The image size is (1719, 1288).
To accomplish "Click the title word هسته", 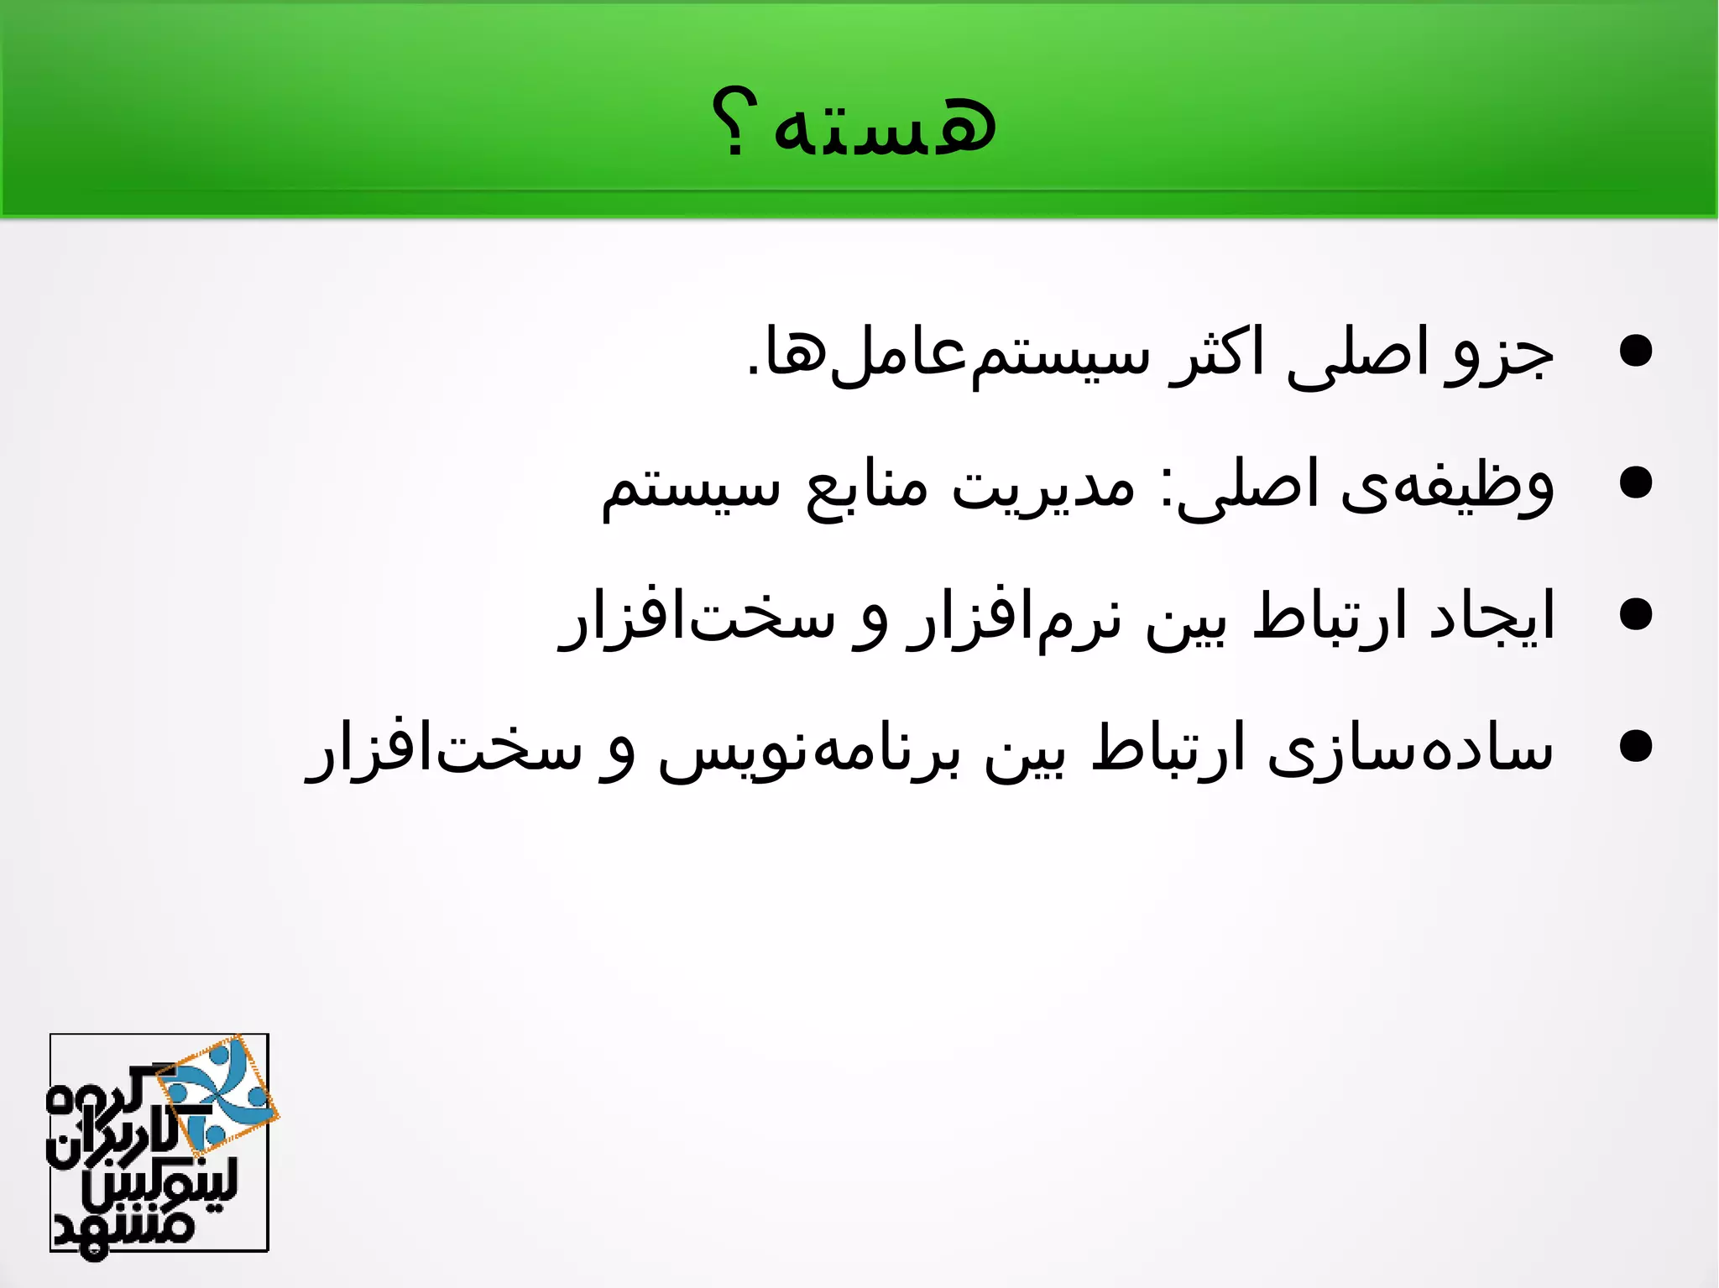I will coord(886,126).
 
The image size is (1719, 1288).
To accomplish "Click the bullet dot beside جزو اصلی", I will coord(1635,352).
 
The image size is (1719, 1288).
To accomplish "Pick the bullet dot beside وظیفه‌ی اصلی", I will coord(1635,483).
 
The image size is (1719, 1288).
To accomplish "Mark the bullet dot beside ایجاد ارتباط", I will coord(1635,614).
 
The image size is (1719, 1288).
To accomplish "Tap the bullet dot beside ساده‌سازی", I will coord(1635,746).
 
